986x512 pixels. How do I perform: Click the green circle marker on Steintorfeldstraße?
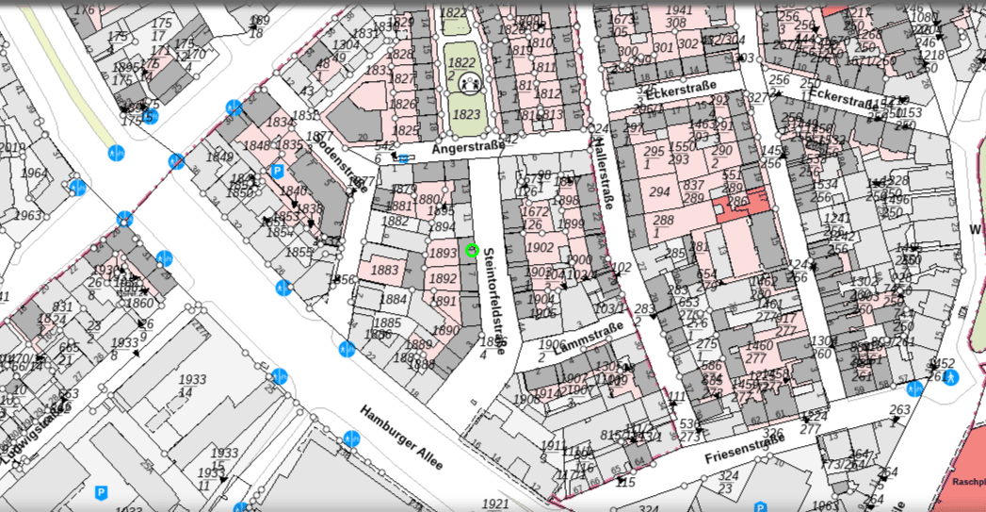[473, 250]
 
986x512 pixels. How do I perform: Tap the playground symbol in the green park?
[470, 85]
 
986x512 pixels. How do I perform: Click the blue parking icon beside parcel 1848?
[277, 172]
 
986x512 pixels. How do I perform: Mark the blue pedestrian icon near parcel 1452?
[952, 379]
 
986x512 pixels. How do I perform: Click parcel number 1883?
[384, 271]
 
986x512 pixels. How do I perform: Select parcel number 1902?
[541, 248]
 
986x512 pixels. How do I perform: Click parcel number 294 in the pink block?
[660, 191]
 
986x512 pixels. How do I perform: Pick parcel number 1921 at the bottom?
[494, 504]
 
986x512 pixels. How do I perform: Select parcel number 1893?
[442, 254]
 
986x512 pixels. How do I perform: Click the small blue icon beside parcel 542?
[404, 158]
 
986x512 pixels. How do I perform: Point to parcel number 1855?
[299, 253]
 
